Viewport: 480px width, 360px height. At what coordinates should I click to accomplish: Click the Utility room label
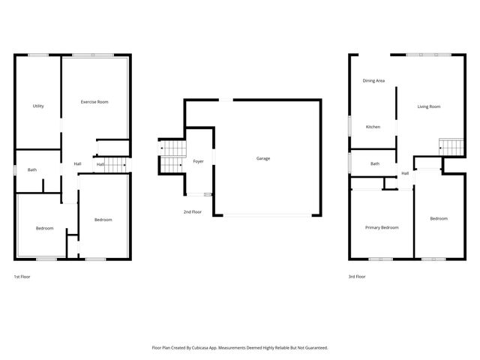[x=38, y=106]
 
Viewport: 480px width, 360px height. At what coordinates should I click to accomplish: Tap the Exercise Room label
[x=94, y=101]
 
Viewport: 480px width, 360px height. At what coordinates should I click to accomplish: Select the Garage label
[x=263, y=158]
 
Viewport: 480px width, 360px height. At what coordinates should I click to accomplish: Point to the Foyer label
[x=199, y=161]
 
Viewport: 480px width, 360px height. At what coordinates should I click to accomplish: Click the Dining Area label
[x=373, y=80]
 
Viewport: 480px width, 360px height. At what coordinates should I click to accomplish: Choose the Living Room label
[x=429, y=106]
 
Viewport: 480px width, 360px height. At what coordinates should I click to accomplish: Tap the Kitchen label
[x=373, y=127]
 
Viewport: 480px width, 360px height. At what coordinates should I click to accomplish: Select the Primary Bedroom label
[x=382, y=227]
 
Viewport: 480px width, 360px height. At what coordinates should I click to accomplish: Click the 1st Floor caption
[x=22, y=277]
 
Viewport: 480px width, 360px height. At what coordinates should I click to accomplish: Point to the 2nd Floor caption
[x=193, y=212]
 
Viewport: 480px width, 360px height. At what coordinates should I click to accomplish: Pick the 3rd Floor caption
[x=357, y=277]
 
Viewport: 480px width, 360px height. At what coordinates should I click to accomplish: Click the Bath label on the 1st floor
[x=32, y=169]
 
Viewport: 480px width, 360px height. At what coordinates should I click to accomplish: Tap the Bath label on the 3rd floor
[x=374, y=163]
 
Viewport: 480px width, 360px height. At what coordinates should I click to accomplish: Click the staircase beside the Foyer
[x=173, y=150]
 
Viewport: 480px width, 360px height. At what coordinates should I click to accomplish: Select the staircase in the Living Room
[x=448, y=148]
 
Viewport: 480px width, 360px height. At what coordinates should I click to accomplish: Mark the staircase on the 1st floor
[x=114, y=164]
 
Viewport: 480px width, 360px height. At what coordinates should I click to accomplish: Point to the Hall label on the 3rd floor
[x=405, y=174]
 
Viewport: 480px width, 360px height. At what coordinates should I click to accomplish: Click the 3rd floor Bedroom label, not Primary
[x=439, y=218]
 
